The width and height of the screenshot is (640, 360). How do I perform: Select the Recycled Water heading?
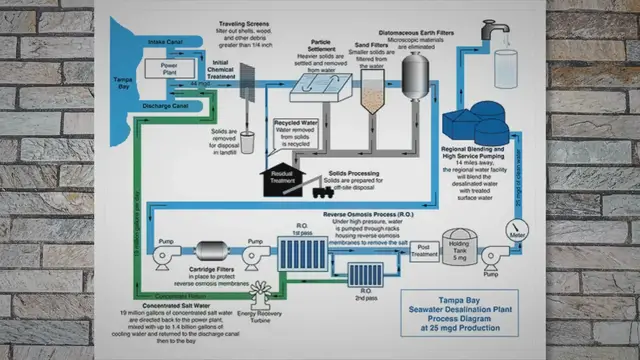coord(295,125)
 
